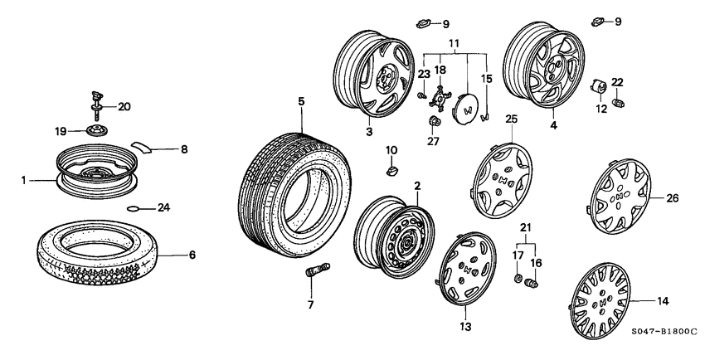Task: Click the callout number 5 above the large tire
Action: (302, 101)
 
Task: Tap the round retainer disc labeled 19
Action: (96, 131)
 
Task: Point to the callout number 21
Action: (523, 227)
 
